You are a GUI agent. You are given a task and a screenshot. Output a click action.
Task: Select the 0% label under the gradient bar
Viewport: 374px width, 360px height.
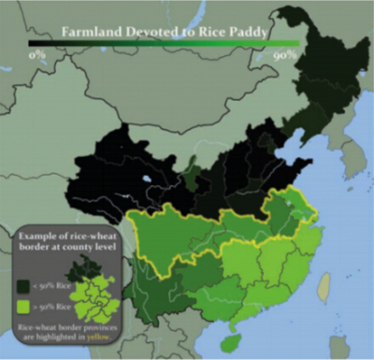(37, 55)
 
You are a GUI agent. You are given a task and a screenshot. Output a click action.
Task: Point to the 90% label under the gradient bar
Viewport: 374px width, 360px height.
(285, 55)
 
